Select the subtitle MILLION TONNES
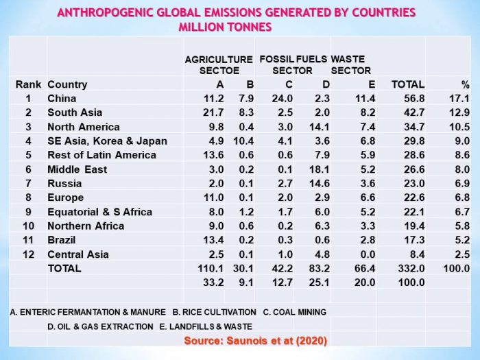226,27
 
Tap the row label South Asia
75,112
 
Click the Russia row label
64,183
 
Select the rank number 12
28,254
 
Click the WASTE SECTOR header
351,64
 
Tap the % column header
465,84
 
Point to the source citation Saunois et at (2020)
255,341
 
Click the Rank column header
28,84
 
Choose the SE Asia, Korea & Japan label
107,141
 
